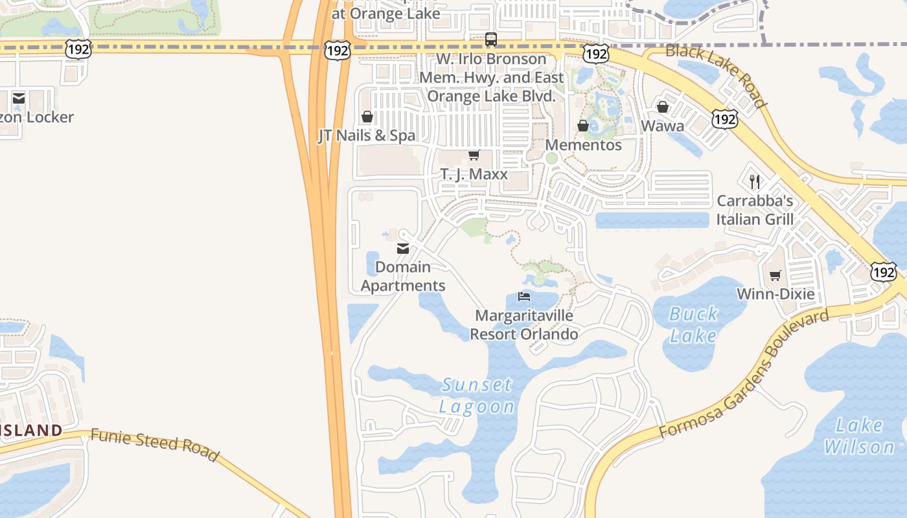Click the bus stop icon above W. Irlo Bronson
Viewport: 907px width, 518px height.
click(491, 39)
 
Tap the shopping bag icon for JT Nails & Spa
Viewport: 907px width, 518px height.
click(367, 117)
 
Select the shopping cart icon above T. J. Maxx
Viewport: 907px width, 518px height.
click(474, 155)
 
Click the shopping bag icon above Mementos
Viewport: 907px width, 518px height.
click(583, 126)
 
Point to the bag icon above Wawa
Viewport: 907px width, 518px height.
click(663, 107)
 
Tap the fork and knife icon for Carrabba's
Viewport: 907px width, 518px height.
click(754, 181)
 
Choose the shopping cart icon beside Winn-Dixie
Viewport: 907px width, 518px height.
click(775, 276)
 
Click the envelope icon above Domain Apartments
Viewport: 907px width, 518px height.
click(403, 248)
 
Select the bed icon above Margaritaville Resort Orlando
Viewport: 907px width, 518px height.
click(524, 297)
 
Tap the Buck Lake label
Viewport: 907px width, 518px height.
click(693, 324)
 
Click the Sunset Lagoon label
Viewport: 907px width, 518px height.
click(477, 396)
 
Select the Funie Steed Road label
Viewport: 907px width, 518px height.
click(154, 444)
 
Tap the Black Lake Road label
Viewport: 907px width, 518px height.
click(716, 75)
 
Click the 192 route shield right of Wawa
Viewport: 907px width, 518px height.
click(724, 118)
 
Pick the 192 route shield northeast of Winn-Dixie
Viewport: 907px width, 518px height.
click(883, 272)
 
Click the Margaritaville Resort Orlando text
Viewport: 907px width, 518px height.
click(523, 325)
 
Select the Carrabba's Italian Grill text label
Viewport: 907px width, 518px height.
click(755, 210)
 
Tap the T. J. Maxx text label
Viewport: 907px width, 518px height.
click(474, 174)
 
